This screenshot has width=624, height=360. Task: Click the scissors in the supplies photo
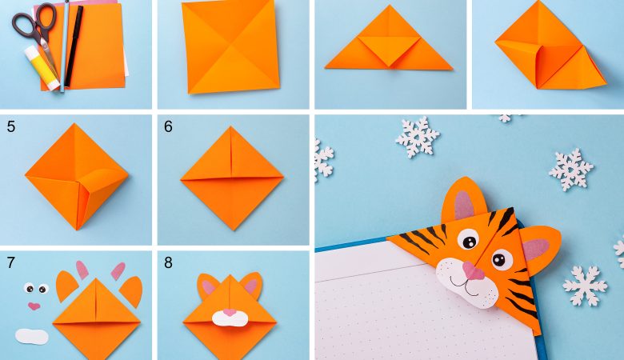[x=38, y=32]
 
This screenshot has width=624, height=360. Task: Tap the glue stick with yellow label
[x=42, y=68]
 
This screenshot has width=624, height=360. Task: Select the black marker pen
[x=74, y=46]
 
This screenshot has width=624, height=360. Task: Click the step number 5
[x=10, y=126]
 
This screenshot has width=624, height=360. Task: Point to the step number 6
[x=168, y=126]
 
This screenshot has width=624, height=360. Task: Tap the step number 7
[x=10, y=262]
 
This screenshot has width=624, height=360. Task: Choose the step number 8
[x=168, y=262]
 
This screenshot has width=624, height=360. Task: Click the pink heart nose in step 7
[x=34, y=306]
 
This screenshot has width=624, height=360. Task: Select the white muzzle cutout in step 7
[x=32, y=337]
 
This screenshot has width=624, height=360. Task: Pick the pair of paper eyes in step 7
[x=36, y=288]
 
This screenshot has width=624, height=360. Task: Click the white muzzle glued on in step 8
[x=229, y=318]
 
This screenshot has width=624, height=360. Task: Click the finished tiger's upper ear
[x=464, y=201]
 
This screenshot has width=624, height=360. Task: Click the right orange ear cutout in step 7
[x=132, y=291]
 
